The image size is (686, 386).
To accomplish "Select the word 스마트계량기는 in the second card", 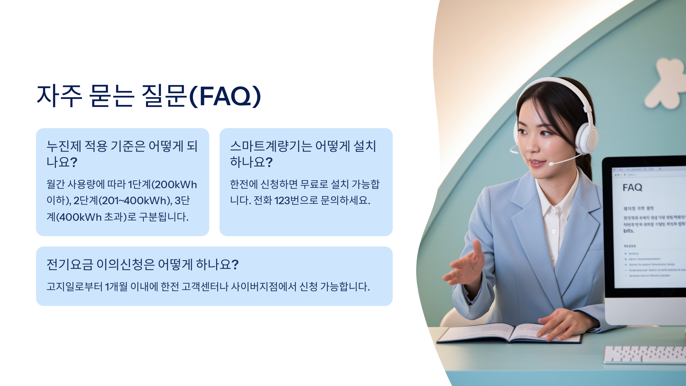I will coord(271,146).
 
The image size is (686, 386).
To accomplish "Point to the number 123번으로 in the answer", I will coord(296,200).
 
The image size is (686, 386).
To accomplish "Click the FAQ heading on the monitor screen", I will coord(632,188).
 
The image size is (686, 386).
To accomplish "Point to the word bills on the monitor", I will coord(629,231).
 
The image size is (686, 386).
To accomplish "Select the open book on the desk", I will coord(509,333).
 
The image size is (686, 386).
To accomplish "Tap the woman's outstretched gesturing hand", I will coord(466,266).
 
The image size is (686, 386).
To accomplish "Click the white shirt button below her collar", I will coord(554,232).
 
